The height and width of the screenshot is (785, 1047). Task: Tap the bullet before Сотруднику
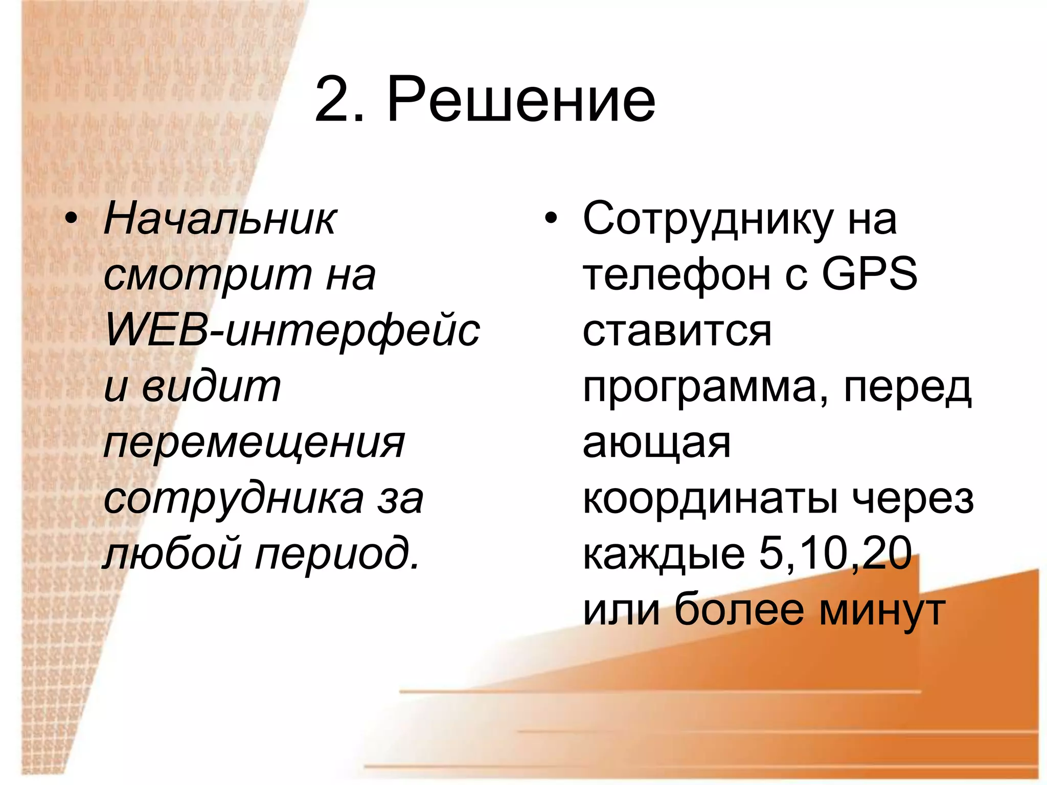550,219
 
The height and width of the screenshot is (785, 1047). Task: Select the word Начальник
220,220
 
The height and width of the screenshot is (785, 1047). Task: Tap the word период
337,555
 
